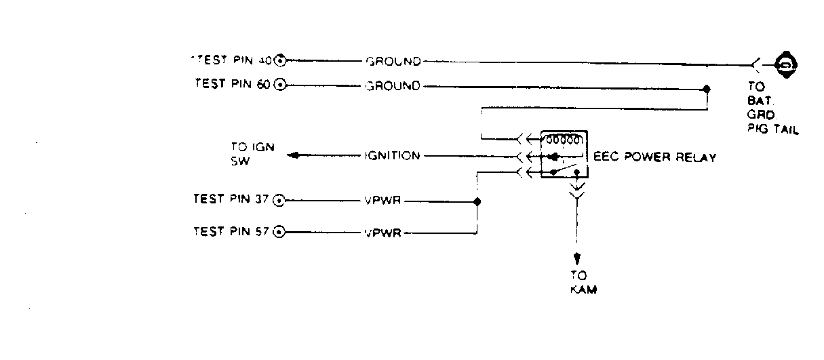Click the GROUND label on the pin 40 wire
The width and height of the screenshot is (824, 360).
393,62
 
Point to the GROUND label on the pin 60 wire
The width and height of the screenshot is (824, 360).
393,86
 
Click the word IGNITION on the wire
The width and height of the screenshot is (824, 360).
393,156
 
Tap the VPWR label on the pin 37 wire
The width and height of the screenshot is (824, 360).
383,201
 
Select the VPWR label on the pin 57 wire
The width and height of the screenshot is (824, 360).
383,233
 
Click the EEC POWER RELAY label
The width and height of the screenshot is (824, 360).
655,157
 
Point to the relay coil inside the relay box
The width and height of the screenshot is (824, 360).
562,141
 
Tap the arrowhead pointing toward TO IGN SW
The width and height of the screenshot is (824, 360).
294,156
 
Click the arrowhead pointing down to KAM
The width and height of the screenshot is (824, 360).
577,258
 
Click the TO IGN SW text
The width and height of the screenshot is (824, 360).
252,153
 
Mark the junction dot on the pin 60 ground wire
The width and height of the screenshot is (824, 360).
707,89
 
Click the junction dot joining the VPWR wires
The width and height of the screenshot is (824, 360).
477,201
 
